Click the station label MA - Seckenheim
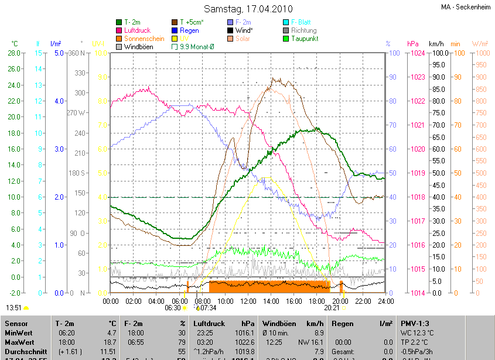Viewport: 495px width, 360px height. [x=466, y=7]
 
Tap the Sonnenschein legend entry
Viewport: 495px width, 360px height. [x=144, y=39]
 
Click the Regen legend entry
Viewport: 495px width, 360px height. [x=189, y=30]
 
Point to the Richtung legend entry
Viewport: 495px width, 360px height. [x=303, y=30]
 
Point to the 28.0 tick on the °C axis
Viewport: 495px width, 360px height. [x=14, y=53]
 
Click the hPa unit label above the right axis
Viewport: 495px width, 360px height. [x=413, y=44]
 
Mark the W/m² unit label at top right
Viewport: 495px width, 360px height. [x=480, y=44]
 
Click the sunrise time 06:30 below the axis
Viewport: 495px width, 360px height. [x=173, y=307]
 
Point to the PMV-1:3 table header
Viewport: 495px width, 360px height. [x=415, y=323]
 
